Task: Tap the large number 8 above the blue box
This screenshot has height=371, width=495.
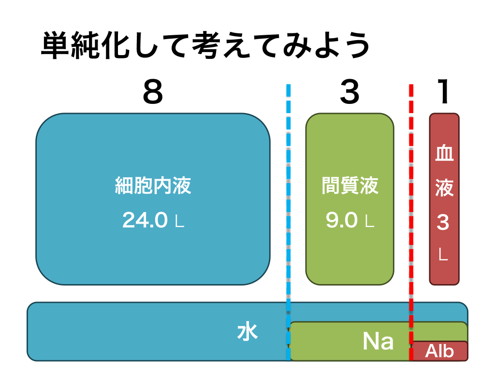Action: coord(153,92)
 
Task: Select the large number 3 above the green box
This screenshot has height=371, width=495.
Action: coord(349,92)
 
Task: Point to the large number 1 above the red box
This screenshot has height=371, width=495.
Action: coord(443,92)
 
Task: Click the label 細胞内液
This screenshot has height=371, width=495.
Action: coord(153,185)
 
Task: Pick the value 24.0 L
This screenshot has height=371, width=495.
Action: coord(153,221)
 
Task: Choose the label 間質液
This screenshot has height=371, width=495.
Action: coord(349,185)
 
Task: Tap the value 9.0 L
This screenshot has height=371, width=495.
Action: coord(349,221)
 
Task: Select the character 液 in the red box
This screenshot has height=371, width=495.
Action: coord(444,187)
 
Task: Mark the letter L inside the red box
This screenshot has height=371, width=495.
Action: coord(443,255)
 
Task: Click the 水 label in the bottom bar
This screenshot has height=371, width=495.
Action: coord(247,333)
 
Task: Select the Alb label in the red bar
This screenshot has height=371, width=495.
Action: coord(439,351)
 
